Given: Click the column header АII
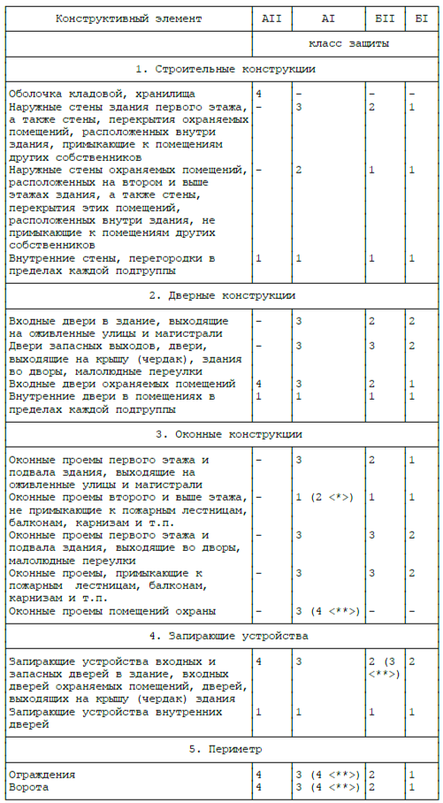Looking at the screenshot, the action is tap(271, 18).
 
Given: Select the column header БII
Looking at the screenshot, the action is tap(386, 18).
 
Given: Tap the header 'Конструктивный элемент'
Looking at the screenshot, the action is tap(128, 18).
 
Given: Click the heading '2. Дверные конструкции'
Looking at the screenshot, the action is tap(222, 295).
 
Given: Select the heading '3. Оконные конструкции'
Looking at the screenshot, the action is tap(222, 434).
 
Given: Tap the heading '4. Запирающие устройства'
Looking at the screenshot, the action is tap(222, 636).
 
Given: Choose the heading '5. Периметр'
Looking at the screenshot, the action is tap(222, 749).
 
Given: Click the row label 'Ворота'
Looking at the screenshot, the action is tap(27, 787).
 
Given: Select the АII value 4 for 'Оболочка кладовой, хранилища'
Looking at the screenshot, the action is tap(258, 94).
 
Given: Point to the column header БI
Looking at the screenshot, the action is tap(422, 18).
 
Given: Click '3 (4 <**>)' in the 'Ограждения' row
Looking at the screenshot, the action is tap(327, 775).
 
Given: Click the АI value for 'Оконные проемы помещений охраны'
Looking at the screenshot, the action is tap(327, 611).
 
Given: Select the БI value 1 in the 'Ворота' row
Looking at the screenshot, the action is tap(412, 787).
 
